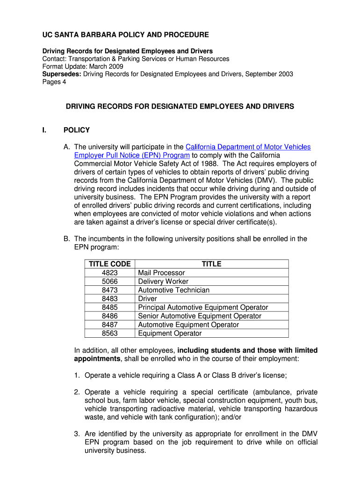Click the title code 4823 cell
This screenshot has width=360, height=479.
click(x=109, y=273)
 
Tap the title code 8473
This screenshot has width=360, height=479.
click(x=109, y=290)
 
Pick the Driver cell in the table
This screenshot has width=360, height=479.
click(x=147, y=299)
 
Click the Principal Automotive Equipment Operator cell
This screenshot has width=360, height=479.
click(x=203, y=307)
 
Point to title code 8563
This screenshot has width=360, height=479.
click(x=109, y=334)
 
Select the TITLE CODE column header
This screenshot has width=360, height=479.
click(x=109, y=264)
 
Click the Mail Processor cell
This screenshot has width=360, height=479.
click(x=161, y=273)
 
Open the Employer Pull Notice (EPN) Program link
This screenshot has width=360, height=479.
click(x=132, y=155)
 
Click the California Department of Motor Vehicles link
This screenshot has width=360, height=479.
click(x=248, y=147)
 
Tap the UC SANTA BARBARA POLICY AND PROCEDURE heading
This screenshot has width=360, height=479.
click(x=126, y=35)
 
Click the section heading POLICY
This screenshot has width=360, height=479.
click(x=77, y=130)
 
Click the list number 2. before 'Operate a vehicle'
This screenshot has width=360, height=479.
click(x=78, y=392)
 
